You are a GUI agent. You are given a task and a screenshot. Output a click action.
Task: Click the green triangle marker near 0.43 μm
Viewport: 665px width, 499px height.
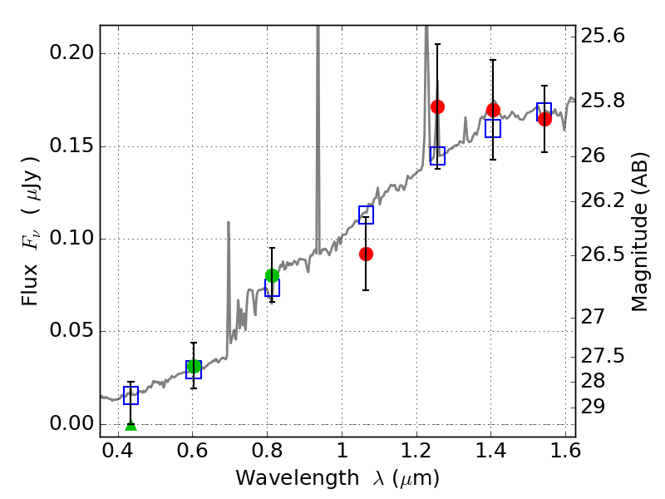tap(131, 426)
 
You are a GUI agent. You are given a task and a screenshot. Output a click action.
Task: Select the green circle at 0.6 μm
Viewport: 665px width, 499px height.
tap(194, 367)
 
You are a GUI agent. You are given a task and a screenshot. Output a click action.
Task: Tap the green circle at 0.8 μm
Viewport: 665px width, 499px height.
tap(272, 275)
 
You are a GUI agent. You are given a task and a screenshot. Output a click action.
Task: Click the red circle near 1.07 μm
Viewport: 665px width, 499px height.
tap(366, 254)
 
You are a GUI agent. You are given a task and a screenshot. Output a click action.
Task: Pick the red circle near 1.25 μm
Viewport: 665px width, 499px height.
tap(437, 106)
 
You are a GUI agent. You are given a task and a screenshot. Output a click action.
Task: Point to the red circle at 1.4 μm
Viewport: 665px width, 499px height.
tap(493, 110)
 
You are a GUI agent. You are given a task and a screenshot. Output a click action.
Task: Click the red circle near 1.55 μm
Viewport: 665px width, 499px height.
tap(544, 119)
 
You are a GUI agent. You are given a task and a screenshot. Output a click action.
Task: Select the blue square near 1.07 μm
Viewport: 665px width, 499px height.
tap(366, 215)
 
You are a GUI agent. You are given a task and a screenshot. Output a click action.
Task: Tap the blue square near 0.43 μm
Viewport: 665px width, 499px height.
tap(131, 396)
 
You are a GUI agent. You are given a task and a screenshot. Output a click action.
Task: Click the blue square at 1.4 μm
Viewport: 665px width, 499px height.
tap(493, 129)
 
